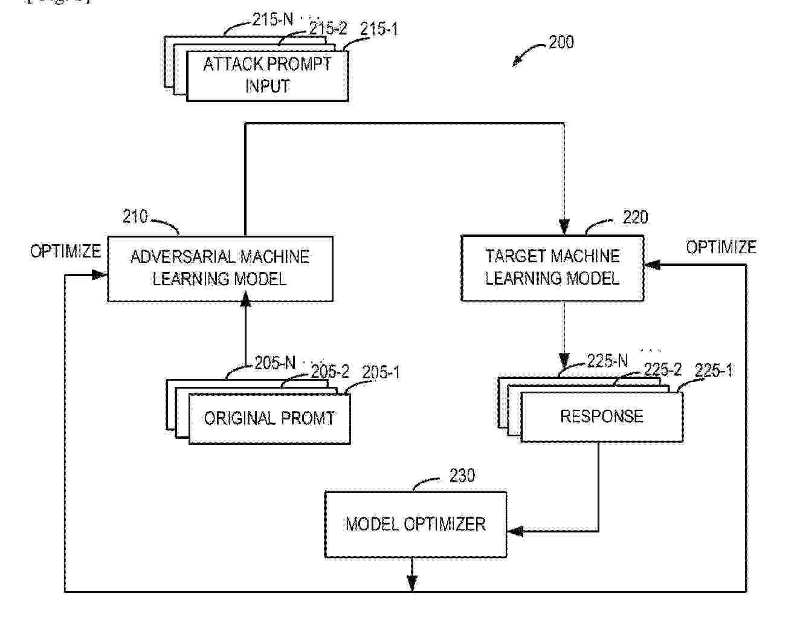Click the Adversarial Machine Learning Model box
[220, 268]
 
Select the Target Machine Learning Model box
[552, 268]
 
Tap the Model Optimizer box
[416, 524]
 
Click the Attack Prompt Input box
[267, 75]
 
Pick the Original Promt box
[269, 418]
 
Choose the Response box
[602, 416]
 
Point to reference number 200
[561, 42]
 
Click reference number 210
[135, 216]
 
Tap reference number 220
[635, 218]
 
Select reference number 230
[462, 476]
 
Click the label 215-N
[272, 20]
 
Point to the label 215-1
[379, 29]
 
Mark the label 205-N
[274, 363]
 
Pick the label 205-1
[381, 372]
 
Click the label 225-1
[714, 370]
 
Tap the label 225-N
[607, 361]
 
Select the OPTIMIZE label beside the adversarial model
[65, 251]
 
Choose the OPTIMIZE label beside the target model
[721, 247]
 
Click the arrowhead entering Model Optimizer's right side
[514, 532]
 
